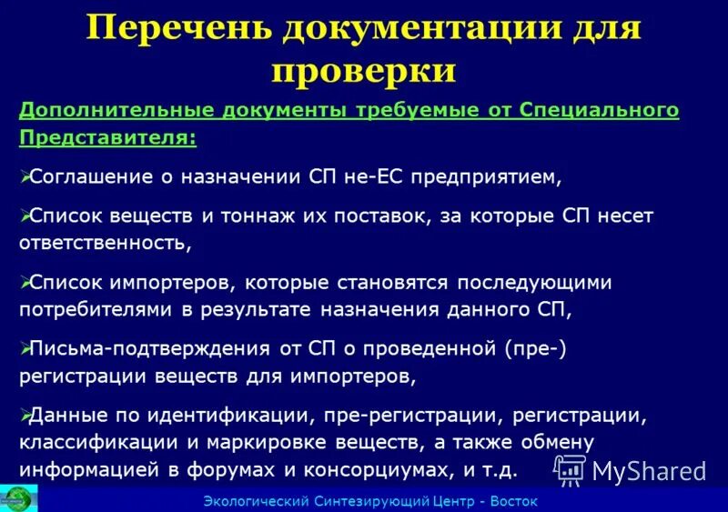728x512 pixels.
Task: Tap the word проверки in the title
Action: pyautogui.click(x=363, y=70)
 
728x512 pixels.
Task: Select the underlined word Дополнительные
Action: pyautogui.click(x=116, y=110)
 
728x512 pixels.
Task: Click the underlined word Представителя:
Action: pyautogui.click(x=107, y=137)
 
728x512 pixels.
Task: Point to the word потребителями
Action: pyautogui.click(x=98, y=309)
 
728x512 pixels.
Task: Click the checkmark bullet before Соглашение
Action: pyautogui.click(x=25, y=176)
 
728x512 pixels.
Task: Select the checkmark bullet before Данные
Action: pyautogui.click(x=25, y=415)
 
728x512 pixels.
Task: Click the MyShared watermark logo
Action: pyautogui.click(x=630, y=469)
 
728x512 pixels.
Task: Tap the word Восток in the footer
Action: pyautogui.click(x=514, y=501)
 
